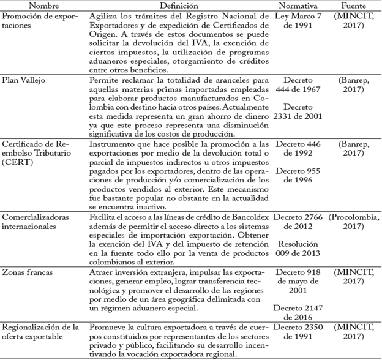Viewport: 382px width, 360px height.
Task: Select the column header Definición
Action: [179, 6]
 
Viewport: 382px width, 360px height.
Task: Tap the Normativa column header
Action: [300, 6]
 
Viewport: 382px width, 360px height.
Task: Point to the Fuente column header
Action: [355, 6]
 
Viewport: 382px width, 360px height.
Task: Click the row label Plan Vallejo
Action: [24, 80]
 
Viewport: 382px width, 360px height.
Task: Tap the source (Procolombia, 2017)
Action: [355, 221]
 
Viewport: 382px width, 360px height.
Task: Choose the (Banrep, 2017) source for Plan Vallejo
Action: [355, 85]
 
